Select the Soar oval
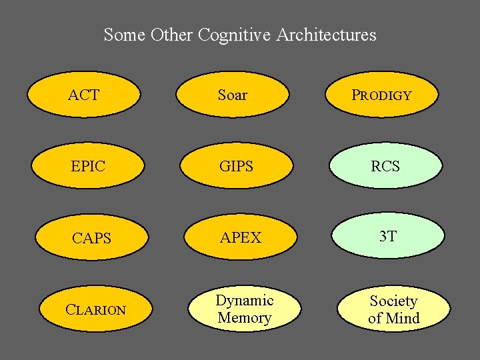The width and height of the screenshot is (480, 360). [x=233, y=95]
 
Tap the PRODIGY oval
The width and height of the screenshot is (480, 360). [x=382, y=95]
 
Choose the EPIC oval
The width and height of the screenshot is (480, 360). [x=89, y=166]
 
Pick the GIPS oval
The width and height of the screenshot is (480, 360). [x=237, y=166]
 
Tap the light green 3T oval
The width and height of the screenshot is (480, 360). [x=388, y=236]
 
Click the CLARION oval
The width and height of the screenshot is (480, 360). [x=96, y=309]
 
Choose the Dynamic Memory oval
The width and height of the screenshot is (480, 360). [x=244, y=309]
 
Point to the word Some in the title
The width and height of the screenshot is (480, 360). [x=125, y=35]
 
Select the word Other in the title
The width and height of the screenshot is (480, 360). [x=172, y=35]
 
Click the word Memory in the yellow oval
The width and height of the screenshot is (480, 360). [x=244, y=318]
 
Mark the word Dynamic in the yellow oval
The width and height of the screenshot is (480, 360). [x=244, y=301]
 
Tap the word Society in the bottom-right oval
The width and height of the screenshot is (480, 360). [x=393, y=301]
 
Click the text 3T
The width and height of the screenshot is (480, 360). [x=388, y=236]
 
